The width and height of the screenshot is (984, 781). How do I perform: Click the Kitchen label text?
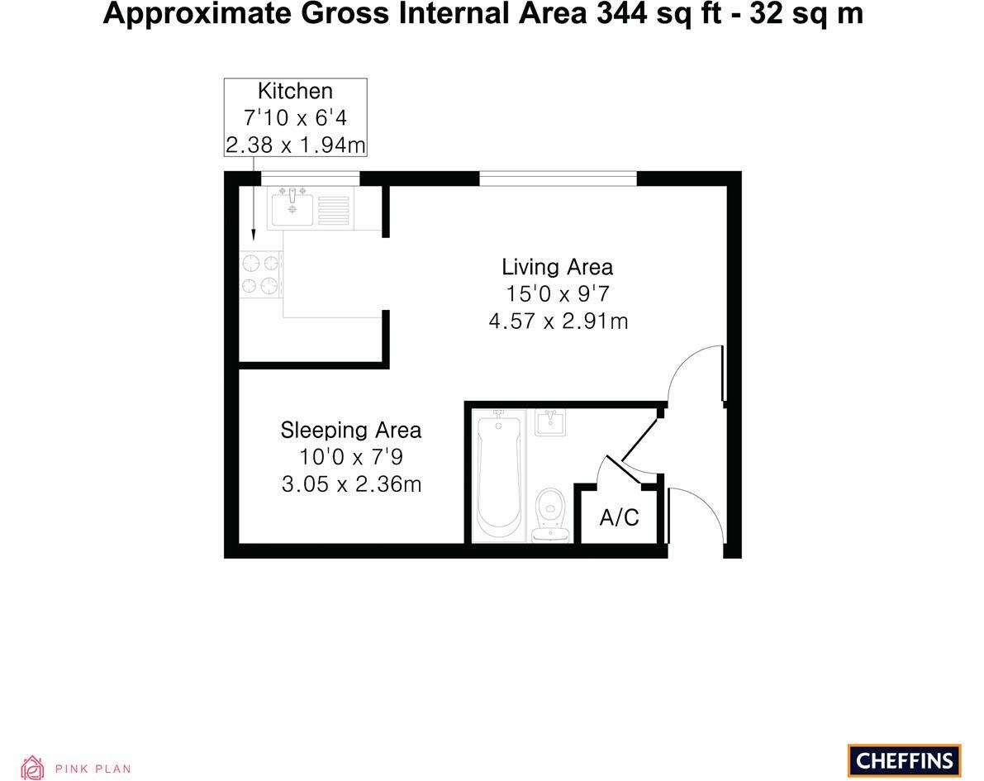pos(295,91)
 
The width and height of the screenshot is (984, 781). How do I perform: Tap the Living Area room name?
pos(557,267)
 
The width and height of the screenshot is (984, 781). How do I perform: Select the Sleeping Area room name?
pos(350,430)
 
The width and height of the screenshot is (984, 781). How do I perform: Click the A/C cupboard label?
pos(619,518)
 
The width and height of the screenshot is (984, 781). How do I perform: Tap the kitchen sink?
pos(291,206)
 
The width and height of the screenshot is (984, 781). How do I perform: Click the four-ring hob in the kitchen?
pos(259,274)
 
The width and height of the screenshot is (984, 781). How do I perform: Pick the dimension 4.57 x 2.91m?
pos(558,321)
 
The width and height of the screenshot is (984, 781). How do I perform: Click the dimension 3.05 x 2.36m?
pos(351,484)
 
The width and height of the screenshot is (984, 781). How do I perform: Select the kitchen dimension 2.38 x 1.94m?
pos(295,145)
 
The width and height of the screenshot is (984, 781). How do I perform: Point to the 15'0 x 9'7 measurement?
pos(558,293)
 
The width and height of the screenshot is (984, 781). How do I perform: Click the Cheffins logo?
pos(905,760)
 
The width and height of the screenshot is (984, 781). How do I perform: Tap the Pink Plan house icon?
pos(33,768)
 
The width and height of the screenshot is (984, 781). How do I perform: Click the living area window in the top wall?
pos(559,178)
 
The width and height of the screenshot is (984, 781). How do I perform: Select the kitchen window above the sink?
pos(310,178)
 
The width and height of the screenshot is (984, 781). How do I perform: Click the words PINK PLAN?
pos(93,769)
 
